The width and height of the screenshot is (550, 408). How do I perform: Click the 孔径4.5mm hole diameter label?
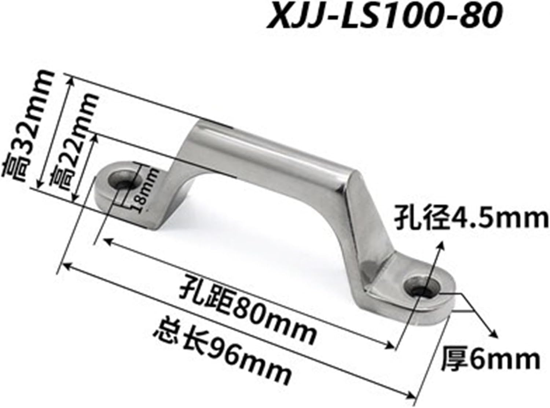(x=471, y=219)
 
